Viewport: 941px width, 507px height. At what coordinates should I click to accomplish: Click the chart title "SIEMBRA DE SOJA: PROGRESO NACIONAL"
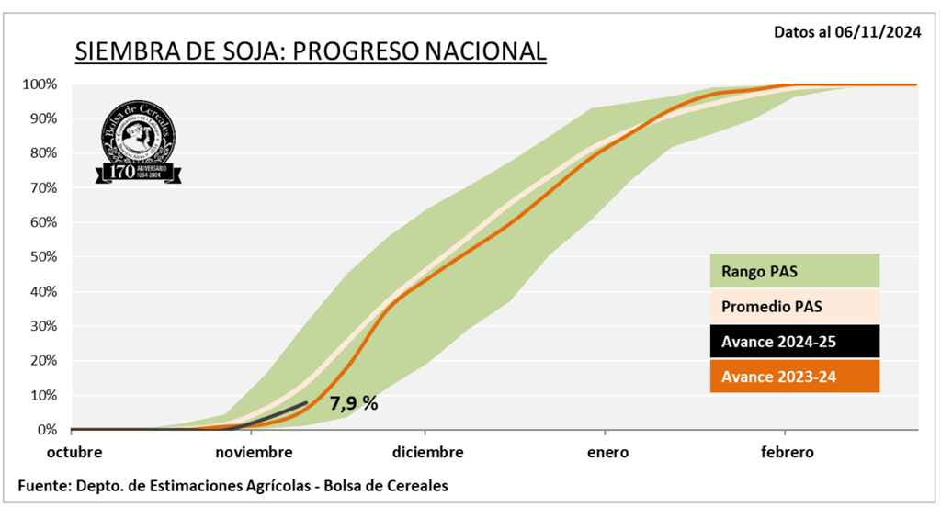(x=310, y=51)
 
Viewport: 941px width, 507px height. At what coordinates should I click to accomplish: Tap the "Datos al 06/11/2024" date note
(x=847, y=32)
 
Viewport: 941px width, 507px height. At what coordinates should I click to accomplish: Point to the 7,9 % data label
(x=354, y=402)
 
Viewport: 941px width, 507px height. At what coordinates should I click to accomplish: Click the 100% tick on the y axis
(x=40, y=84)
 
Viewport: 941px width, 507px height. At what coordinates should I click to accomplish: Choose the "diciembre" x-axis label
(x=427, y=453)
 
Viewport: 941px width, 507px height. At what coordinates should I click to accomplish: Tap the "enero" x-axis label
(x=604, y=453)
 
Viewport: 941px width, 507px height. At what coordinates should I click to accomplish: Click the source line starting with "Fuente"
(x=233, y=484)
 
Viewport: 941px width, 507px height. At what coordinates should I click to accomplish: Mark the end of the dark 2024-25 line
(x=307, y=402)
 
